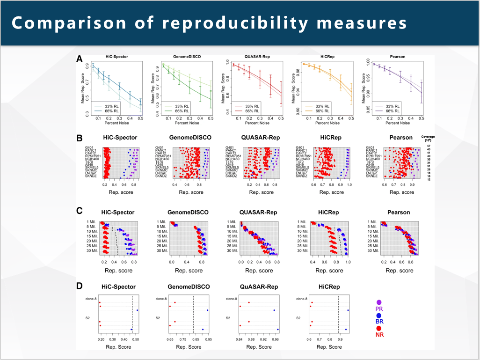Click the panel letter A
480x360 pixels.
pyautogui.click(x=80, y=59)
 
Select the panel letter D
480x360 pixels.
pyautogui.click(x=80, y=285)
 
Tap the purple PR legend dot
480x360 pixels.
pyautogui.click(x=379, y=303)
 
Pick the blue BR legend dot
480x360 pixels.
pyautogui.click(x=379, y=316)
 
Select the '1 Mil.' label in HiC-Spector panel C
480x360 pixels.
pyautogui.click(x=92, y=221)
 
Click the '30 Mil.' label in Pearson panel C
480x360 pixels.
pyautogui.click(x=373, y=251)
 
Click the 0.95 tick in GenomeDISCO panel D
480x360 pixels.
pyautogui.click(x=208, y=339)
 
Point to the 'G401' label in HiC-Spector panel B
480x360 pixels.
pyautogui.click(x=89, y=147)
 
